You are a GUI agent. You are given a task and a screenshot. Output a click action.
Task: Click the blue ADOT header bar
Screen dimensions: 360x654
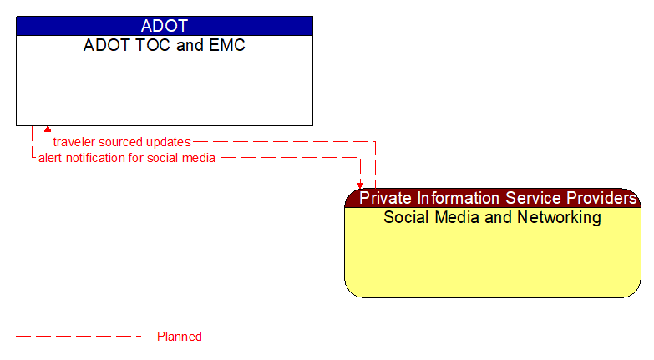(164, 26)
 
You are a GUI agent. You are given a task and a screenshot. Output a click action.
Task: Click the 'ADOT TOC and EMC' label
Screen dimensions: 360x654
(164, 46)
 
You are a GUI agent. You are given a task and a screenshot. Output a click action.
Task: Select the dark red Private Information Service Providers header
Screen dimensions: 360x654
(493, 198)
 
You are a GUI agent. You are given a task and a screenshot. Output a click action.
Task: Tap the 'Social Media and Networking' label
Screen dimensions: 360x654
(492, 218)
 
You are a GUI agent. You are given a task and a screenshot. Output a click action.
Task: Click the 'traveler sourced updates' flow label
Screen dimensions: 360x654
(121, 142)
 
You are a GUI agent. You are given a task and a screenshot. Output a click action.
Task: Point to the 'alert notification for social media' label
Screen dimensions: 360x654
(127, 157)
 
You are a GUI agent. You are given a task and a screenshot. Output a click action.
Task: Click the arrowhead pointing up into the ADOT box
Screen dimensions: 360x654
(48, 130)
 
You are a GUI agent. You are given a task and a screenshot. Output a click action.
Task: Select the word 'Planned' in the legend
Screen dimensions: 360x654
(180, 337)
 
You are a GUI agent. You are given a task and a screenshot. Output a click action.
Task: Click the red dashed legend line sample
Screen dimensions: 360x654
(79, 337)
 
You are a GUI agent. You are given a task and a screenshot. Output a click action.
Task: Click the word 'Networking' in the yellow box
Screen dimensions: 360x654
(560, 218)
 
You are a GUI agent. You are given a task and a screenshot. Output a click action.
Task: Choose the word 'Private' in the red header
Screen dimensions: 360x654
(385, 198)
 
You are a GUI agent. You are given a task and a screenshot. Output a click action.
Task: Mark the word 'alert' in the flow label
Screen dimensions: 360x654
(52, 157)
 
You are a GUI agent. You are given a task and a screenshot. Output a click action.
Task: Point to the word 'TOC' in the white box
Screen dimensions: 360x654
(155, 46)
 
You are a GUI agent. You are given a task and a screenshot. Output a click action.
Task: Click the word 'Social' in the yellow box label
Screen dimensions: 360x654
(405, 218)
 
